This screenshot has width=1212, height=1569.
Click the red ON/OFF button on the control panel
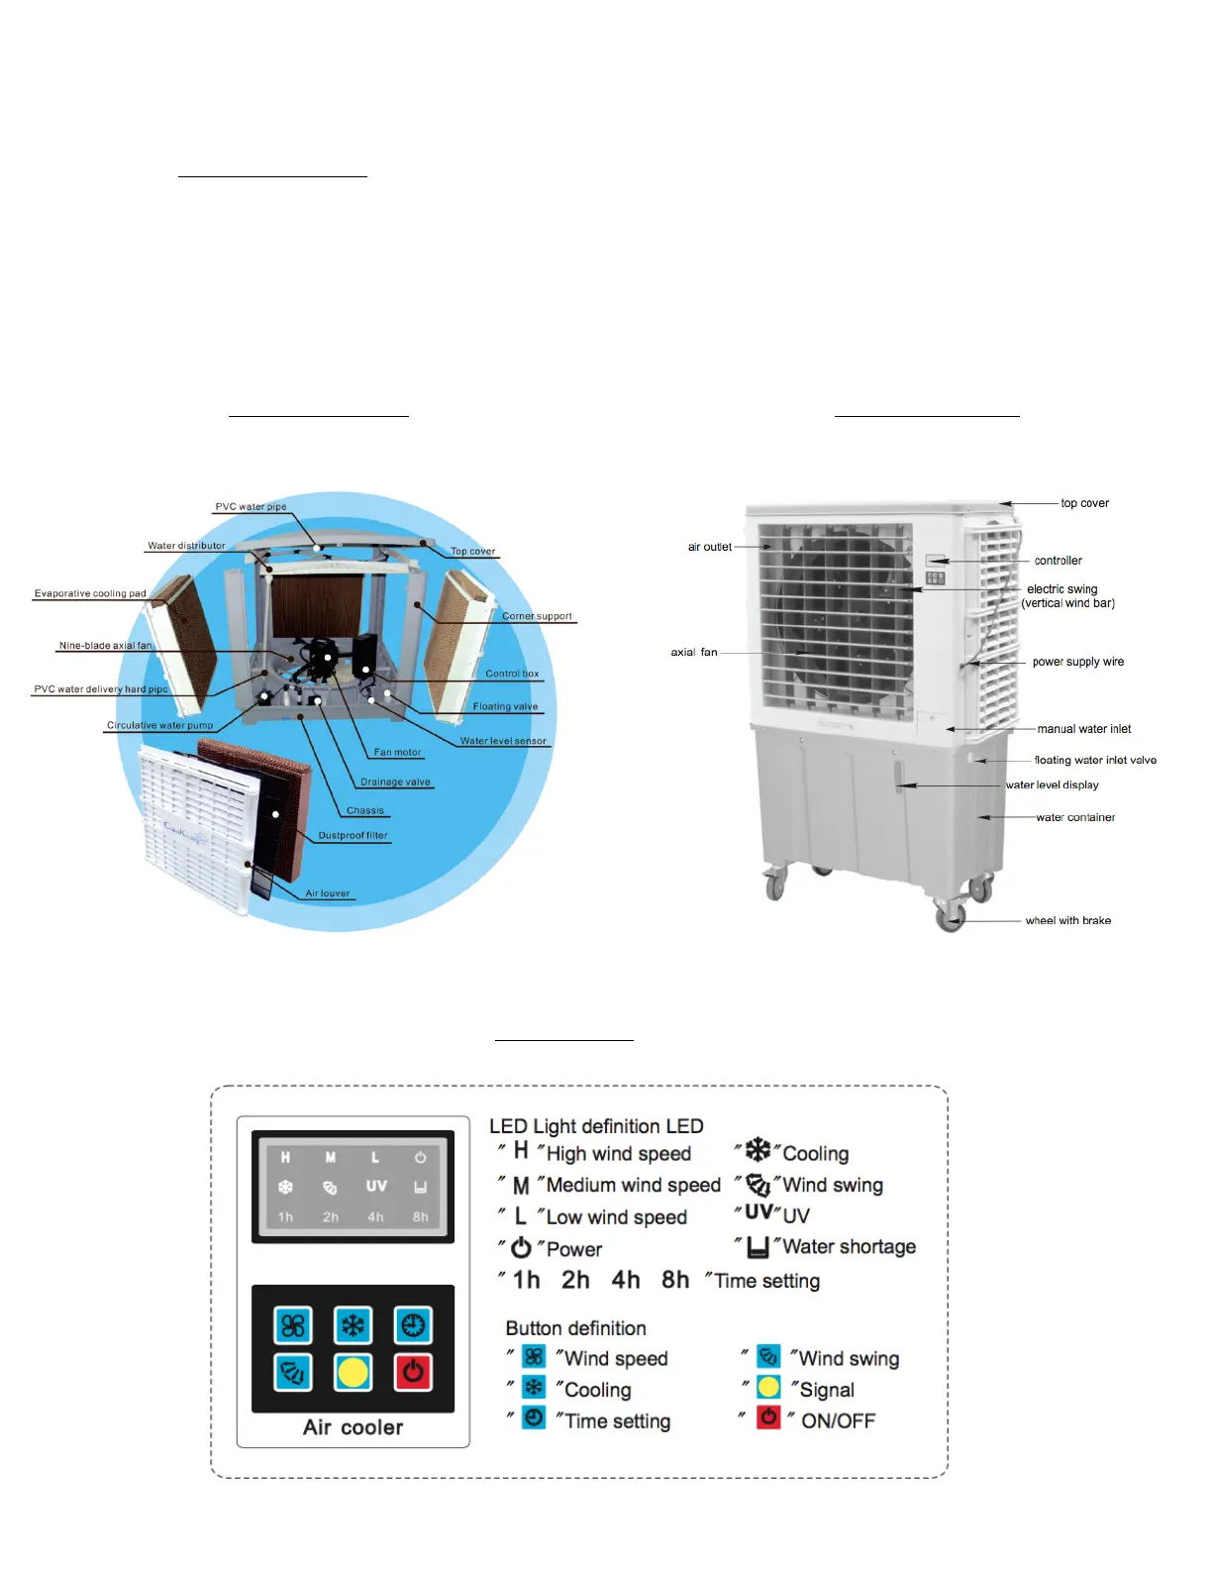click(413, 1373)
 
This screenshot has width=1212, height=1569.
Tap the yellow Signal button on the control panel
click(353, 1373)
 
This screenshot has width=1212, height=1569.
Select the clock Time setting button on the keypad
click(413, 1325)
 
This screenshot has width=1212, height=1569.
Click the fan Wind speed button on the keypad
click(293, 1325)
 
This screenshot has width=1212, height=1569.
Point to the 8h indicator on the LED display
click(421, 1217)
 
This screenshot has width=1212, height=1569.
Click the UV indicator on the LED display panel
click(376, 1186)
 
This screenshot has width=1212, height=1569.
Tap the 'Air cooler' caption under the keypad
click(353, 1427)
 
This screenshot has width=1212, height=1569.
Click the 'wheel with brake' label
click(1067, 920)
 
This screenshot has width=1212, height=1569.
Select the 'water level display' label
click(1052, 784)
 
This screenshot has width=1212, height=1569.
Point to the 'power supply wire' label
click(1077, 662)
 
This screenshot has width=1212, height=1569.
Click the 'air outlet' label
click(709, 547)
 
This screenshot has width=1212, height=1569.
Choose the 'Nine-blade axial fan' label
click(105, 646)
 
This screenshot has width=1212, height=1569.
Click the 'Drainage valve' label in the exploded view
click(395, 782)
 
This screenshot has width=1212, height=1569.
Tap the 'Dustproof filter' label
click(353, 835)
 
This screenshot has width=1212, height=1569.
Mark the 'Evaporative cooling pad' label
click(90, 593)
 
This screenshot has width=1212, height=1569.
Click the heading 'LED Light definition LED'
click(596, 1126)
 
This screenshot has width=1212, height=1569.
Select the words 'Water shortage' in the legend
click(849, 1247)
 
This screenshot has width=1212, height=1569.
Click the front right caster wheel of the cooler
click(950, 916)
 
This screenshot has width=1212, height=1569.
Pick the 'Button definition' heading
click(575, 1328)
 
